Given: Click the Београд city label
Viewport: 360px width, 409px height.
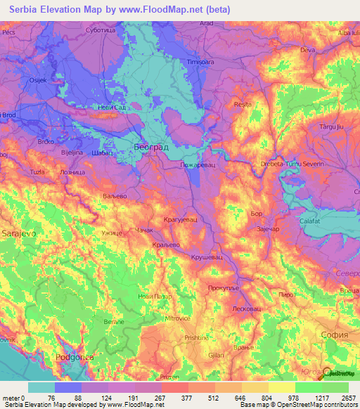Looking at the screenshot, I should (150, 147).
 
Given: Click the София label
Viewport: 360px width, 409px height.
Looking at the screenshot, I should (333, 335).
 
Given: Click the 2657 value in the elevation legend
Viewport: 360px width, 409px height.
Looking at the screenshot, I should (348, 397).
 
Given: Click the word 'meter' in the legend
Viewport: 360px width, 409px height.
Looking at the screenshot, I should (11, 397).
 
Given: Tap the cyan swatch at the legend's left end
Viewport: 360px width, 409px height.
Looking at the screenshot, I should (41, 387).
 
